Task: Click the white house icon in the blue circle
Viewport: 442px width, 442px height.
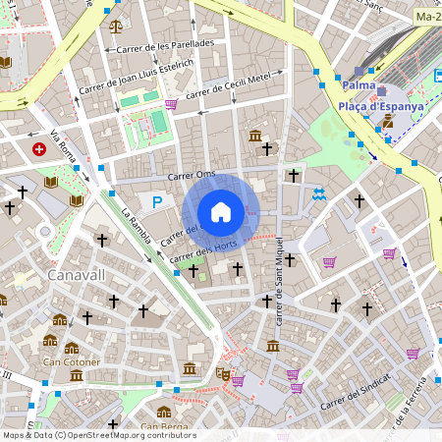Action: (x=221, y=212)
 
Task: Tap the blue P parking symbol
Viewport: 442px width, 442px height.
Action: (x=156, y=201)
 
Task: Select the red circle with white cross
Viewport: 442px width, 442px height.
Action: (x=39, y=149)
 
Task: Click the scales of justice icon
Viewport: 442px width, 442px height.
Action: (x=117, y=27)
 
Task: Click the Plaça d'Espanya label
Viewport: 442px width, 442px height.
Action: (x=381, y=106)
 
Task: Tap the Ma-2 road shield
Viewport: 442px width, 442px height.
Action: (x=427, y=17)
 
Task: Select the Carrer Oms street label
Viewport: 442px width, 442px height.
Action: (x=192, y=175)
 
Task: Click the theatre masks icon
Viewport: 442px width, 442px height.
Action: (x=223, y=374)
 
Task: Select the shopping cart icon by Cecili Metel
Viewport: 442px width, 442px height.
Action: (x=172, y=104)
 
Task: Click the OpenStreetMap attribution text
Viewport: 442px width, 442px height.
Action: (x=98, y=435)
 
